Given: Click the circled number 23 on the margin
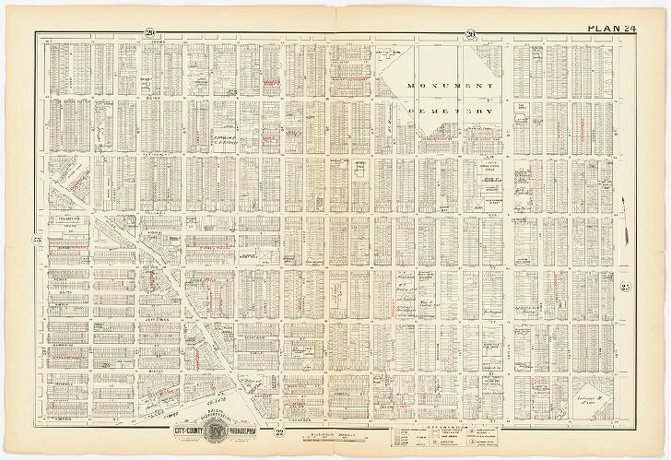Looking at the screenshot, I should click(x=38, y=241).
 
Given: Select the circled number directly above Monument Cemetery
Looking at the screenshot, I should click(x=470, y=34).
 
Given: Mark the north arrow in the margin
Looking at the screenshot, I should click(x=626, y=217).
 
